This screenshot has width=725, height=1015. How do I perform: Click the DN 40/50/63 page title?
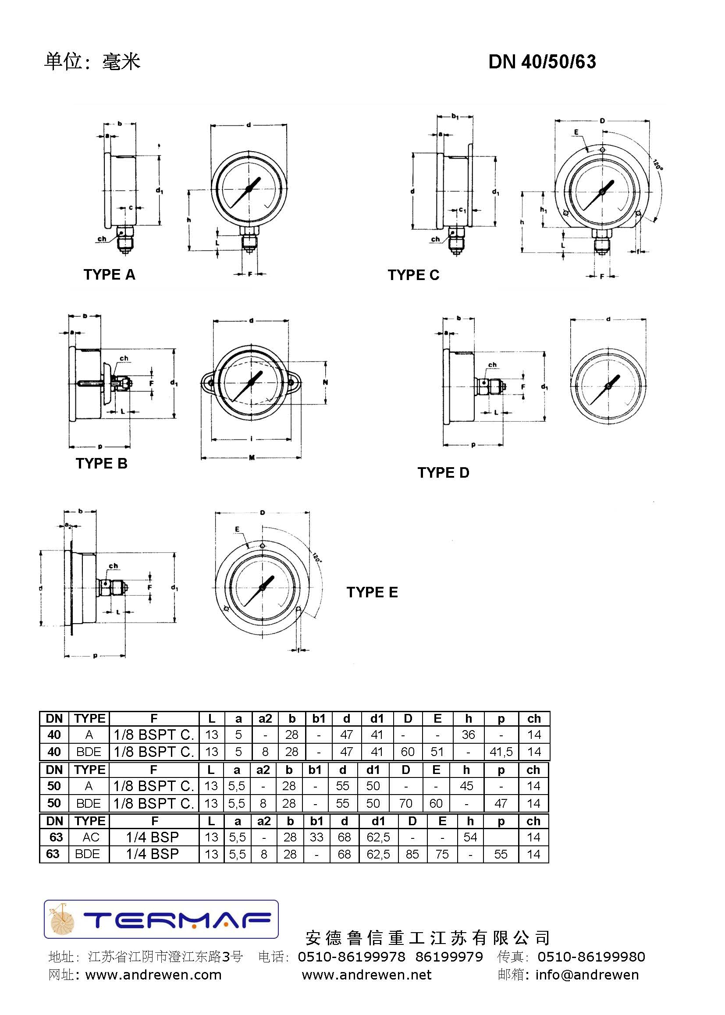click(x=541, y=62)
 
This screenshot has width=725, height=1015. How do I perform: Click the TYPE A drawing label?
click(x=109, y=274)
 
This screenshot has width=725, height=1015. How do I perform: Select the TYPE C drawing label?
click(x=413, y=275)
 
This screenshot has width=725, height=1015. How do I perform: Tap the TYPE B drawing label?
click(x=101, y=463)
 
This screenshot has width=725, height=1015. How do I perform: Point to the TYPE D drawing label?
click(x=443, y=472)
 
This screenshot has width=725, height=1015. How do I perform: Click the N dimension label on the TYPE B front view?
click(x=325, y=382)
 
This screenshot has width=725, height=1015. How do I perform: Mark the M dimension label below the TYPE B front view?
click(x=251, y=458)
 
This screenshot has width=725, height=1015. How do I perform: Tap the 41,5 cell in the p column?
click(x=501, y=752)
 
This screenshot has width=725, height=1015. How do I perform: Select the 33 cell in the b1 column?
click(x=316, y=837)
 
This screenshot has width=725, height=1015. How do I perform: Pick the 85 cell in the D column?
click(x=412, y=854)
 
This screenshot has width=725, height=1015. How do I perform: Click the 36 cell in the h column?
click(x=468, y=734)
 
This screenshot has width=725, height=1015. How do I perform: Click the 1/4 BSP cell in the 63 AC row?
click(x=152, y=837)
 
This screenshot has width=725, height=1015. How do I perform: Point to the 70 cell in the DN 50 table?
click(x=405, y=803)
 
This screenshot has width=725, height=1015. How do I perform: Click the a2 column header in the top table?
click(x=265, y=718)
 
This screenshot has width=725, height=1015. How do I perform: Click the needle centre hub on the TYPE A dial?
click(x=249, y=189)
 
